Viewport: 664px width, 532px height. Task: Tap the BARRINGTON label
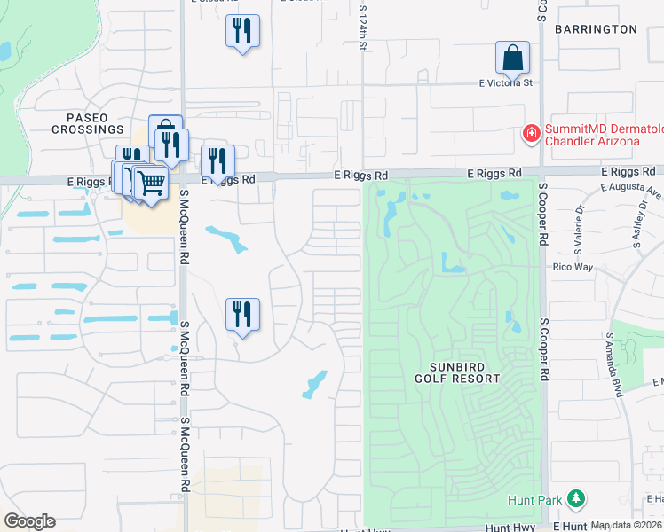coord(596,29)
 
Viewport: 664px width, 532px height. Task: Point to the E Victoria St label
coord(504,83)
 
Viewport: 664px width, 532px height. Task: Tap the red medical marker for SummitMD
coord(531,134)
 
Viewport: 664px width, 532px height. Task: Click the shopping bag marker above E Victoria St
coord(512,58)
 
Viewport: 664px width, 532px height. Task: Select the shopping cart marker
coord(152,184)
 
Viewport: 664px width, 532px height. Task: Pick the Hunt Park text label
coord(536,500)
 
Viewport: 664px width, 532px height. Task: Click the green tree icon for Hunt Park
coord(576,499)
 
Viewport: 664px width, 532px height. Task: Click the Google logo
coord(29,521)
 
